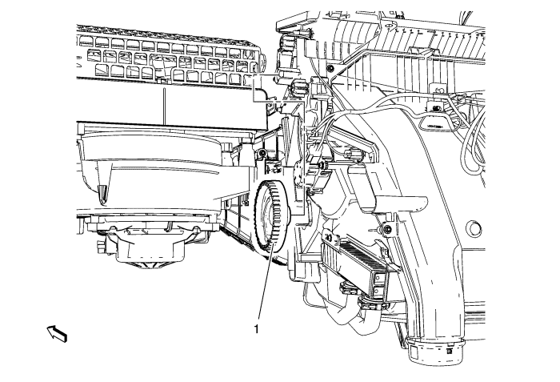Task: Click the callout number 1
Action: [x=256, y=328]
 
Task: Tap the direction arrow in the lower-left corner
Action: [x=57, y=333]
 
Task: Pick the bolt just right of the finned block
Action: [x=386, y=229]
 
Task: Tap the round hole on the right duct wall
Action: [x=474, y=228]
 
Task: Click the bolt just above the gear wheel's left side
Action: [x=262, y=153]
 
